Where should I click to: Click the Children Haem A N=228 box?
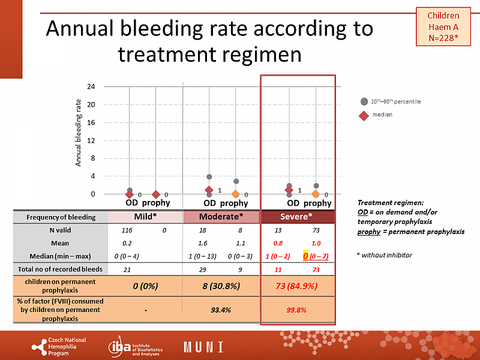[443, 27]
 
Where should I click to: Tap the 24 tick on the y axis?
[91, 86]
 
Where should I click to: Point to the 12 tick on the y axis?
[91, 140]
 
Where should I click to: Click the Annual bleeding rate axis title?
[78, 133]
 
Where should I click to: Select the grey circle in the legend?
[364, 101]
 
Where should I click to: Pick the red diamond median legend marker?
[364, 115]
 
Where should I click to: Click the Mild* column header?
[146, 217]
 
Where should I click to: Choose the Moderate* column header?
[221, 217]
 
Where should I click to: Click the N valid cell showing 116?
[127, 230]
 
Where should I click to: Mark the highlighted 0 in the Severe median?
[305, 256]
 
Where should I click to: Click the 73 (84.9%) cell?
[296, 286]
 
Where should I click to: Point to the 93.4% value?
[221, 310]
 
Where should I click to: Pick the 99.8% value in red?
[296, 310]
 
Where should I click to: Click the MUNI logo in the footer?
[203, 346]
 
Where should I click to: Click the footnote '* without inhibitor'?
[384, 255]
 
